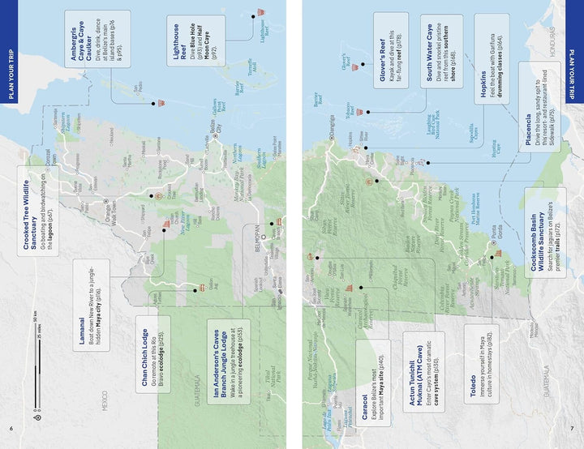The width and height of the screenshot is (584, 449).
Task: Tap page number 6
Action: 11,428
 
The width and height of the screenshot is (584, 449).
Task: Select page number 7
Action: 573,428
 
